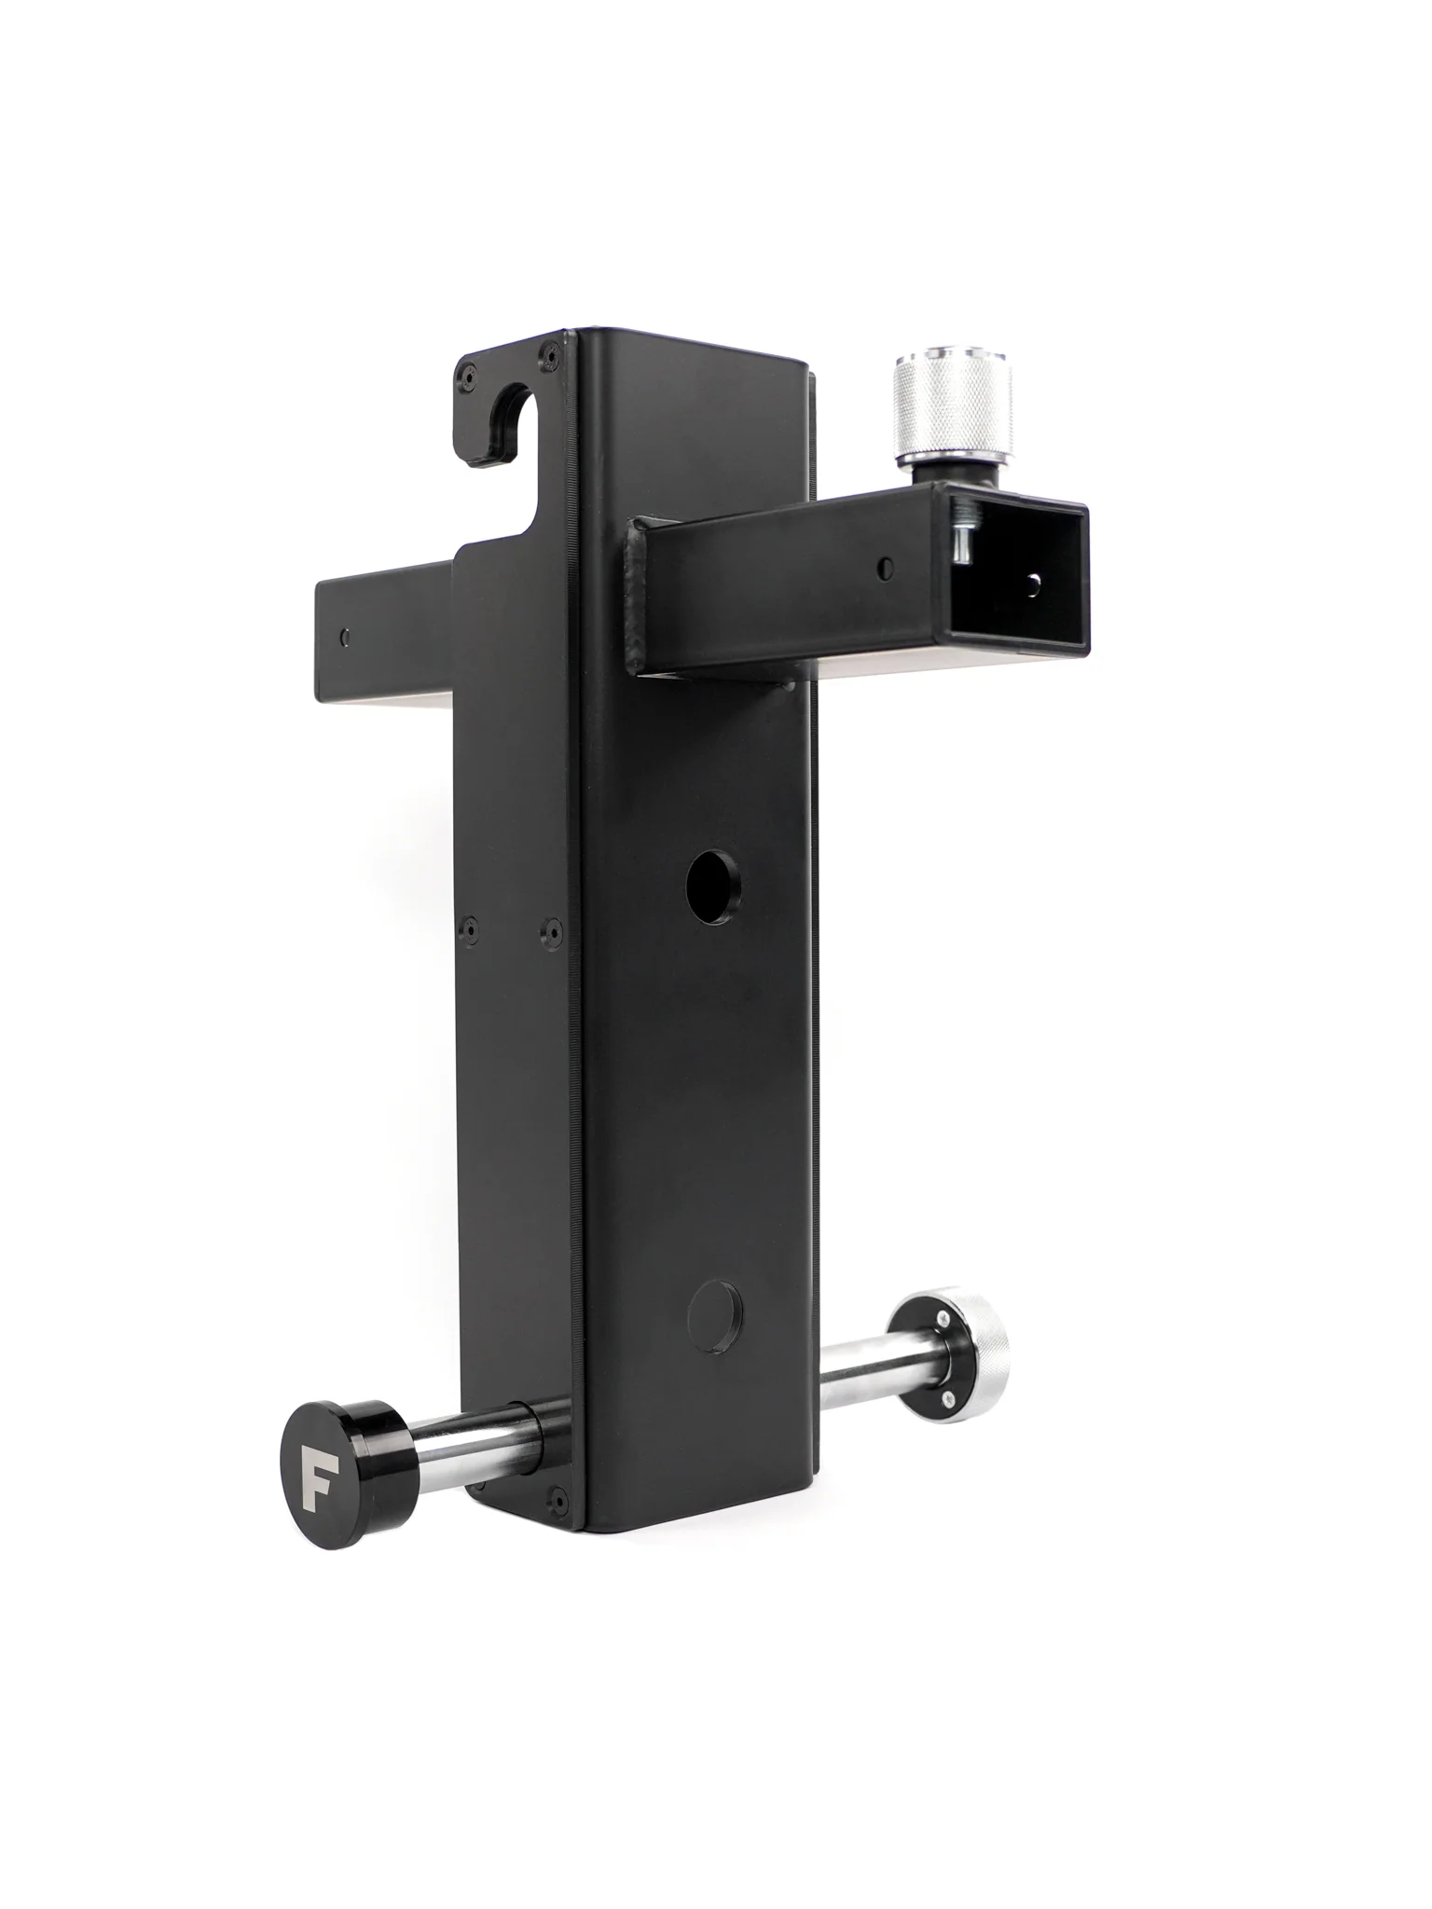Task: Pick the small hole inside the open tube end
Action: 1031,584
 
